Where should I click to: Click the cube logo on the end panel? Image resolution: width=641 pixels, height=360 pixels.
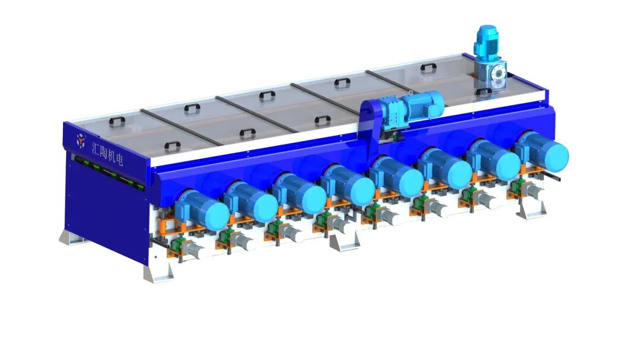tap(81, 140)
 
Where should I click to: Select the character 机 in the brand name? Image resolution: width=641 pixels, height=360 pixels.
tap(110, 155)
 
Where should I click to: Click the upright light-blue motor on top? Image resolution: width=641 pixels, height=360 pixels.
tap(486, 42)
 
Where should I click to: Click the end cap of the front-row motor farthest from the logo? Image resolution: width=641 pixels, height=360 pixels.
tap(554, 155)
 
